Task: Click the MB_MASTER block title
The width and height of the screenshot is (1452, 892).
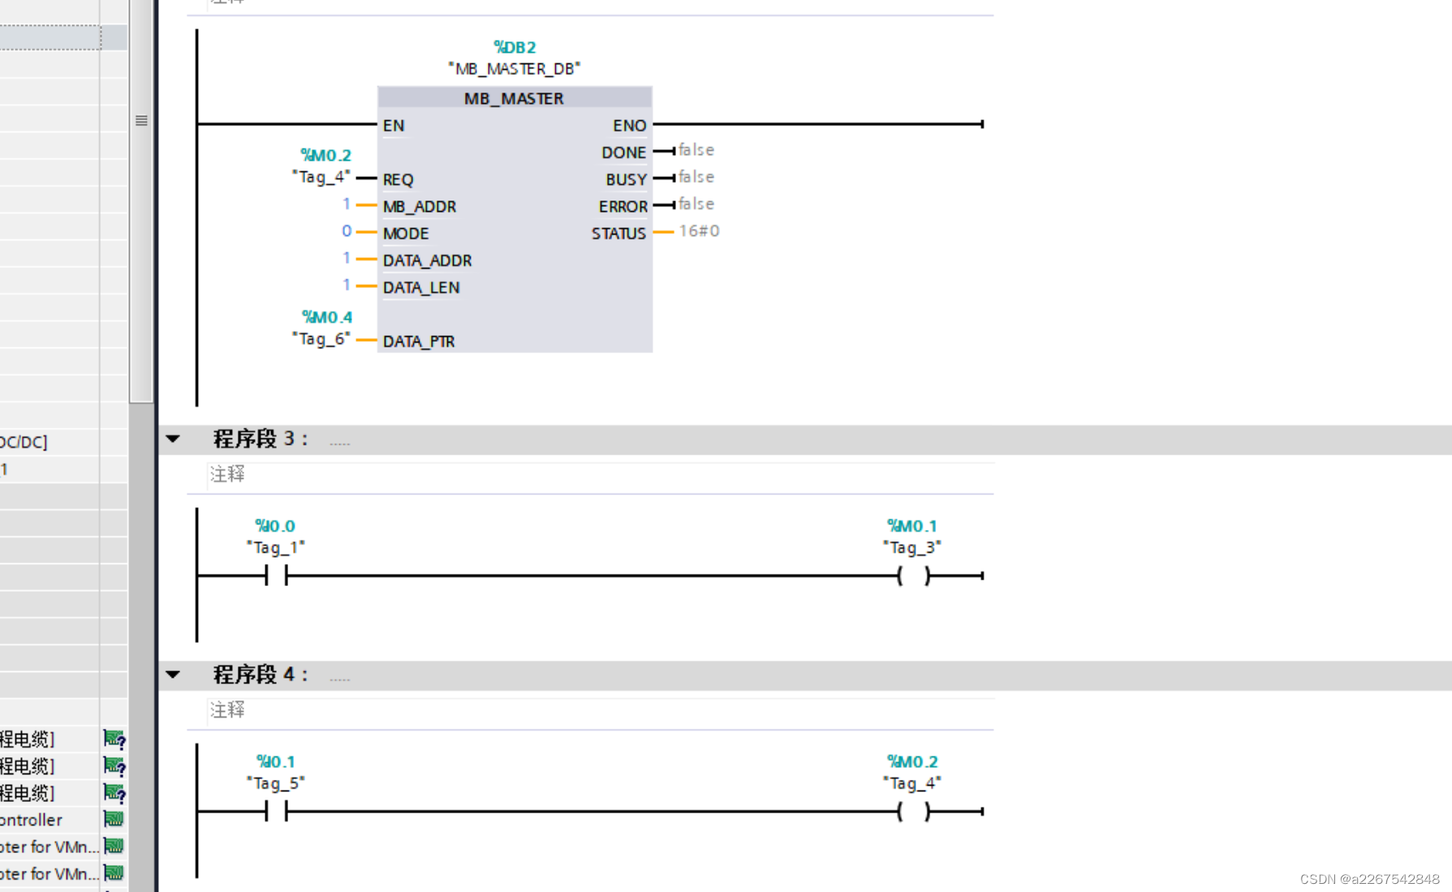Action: coord(514,98)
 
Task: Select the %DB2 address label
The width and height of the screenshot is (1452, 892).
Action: coord(515,47)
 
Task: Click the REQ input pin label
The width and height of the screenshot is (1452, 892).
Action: coord(398,179)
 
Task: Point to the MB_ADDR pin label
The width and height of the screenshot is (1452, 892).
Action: coord(420,206)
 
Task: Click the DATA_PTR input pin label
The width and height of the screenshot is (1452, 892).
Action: coord(419,341)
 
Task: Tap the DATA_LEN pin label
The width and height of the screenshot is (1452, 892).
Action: coord(421,287)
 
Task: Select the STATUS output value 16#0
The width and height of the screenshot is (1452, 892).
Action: coord(699,231)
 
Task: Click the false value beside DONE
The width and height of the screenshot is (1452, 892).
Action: coord(696,150)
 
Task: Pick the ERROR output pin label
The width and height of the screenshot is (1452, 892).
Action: coord(623,206)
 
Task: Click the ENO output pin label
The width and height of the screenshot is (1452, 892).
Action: coord(629,126)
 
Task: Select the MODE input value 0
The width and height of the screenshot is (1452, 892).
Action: coord(347,231)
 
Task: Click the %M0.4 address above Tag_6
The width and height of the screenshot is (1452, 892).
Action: coord(327,317)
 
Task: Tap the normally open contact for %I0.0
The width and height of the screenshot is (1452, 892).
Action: coord(276,575)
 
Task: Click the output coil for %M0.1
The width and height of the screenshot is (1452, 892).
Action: coord(914,575)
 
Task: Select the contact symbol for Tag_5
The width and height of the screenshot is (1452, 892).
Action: coord(276,811)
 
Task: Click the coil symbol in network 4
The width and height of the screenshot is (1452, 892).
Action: coord(914,811)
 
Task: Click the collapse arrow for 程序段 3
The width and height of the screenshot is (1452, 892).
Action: coord(173,439)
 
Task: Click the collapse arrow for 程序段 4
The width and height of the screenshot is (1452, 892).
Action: coord(173,674)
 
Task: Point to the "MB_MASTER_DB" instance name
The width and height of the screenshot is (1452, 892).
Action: coord(515,69)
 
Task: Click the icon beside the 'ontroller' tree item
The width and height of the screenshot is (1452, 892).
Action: coord(114,820)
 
